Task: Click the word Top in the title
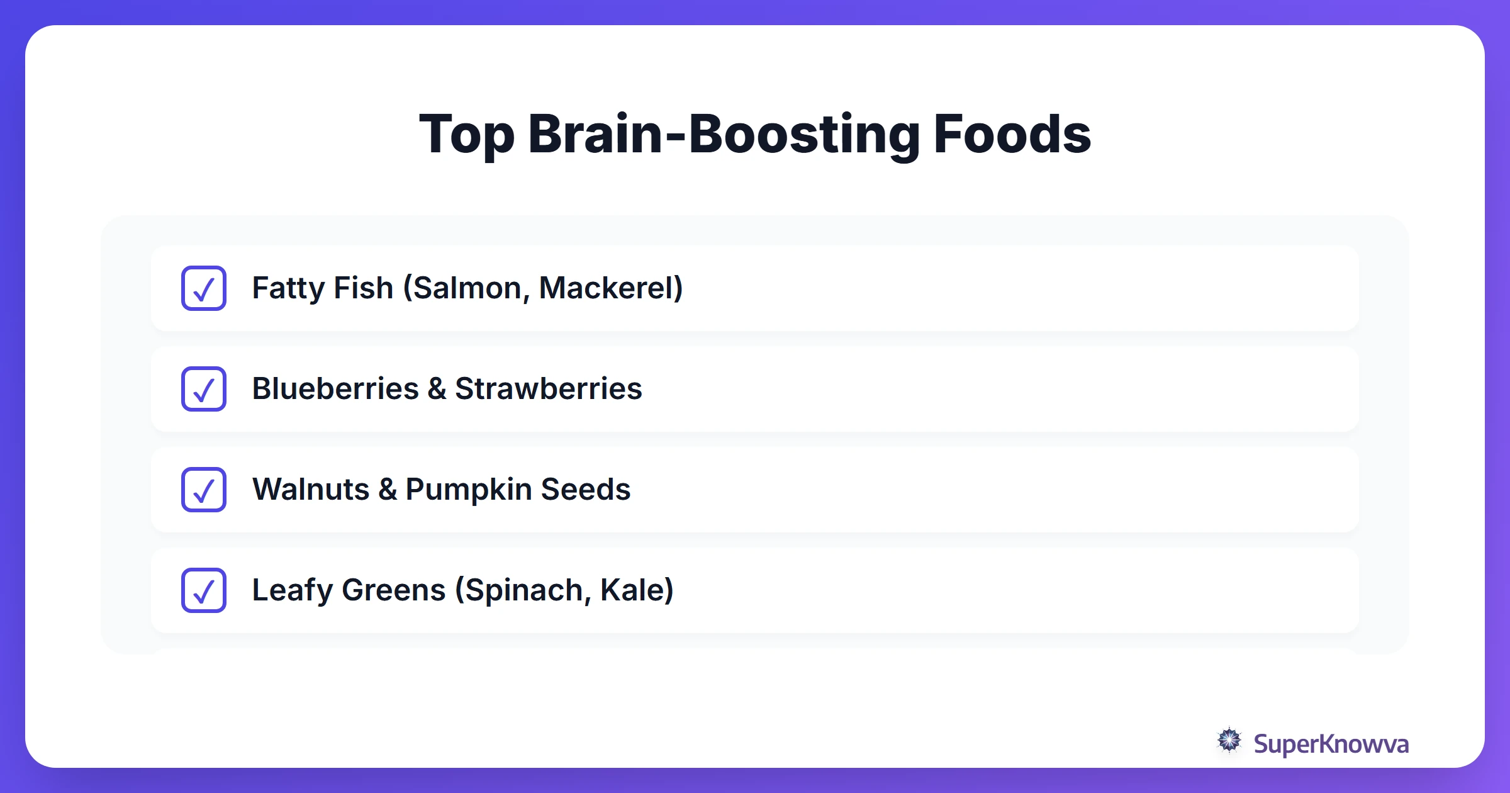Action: [466, 134]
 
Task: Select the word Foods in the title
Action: [1012, 134]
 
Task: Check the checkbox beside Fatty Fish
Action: [203, 288]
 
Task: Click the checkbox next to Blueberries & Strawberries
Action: [203, 389]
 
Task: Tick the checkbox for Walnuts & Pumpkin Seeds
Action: [203, 490]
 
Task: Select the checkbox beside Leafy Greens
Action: [203, 590]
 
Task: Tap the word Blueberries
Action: [335, 389]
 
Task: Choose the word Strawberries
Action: [548, 389]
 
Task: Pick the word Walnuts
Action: [311, 490]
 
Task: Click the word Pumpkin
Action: [468, 490]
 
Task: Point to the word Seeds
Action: [585, 490]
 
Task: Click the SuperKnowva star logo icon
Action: [1229, 741]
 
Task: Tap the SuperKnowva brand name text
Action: [1331, 744]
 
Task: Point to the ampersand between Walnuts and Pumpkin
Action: [388, 490]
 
